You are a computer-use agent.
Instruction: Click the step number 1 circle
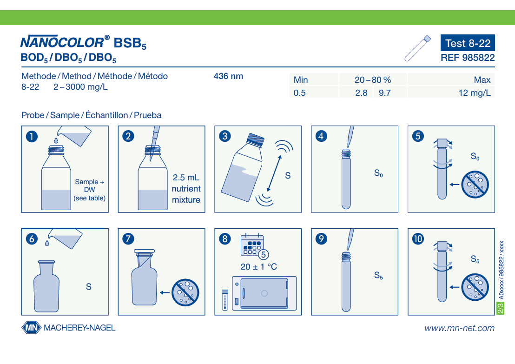(x=32, y=136)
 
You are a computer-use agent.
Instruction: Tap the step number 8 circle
(x=225, y=239)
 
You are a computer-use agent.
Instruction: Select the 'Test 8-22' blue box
(x=468, y=43)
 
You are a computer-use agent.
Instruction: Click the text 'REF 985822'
(x=468, y=58)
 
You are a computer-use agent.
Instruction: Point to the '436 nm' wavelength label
(x=228, y=76)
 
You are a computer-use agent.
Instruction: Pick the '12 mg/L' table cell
(x=474, y=93)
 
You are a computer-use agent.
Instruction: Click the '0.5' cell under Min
(x=299, y=93)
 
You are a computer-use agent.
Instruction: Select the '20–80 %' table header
(x=373, y=80)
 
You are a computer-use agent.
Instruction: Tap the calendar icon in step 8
(x=252, y=245)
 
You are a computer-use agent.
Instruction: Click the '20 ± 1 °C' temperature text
(x=258, y=266)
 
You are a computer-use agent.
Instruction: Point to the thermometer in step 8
(x=225, y=300)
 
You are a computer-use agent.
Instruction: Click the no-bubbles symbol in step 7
(x=185, y=292)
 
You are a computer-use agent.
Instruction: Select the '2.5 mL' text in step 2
(x=186, y=178)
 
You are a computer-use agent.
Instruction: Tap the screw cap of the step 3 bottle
(x=256, y=139)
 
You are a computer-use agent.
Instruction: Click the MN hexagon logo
(x=32, y=328)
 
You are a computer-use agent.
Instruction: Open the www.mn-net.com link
(x=459, y=328)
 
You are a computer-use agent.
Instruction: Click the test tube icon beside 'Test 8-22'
(x=417, y=48)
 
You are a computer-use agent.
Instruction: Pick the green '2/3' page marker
(x=501, y=309)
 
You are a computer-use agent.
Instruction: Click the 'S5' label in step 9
(x=378, y=275)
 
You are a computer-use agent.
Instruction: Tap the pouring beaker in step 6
(x=65, y=239)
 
